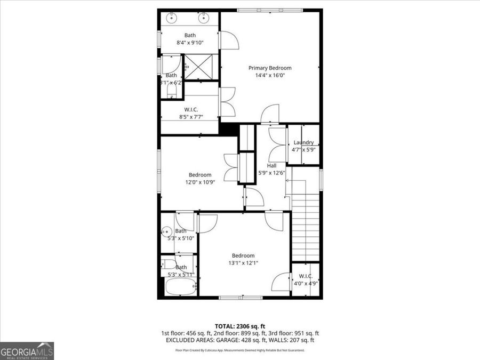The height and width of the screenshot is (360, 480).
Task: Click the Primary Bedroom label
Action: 270,68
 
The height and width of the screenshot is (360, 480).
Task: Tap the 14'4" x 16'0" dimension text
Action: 270,75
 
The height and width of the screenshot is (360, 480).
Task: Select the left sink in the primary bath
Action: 171,18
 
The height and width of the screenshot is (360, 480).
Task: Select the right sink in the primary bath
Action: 204,18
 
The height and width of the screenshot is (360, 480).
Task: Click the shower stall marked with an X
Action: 199,68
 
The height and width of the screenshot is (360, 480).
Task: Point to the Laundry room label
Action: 303,142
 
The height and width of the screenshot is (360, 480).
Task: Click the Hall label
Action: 271,165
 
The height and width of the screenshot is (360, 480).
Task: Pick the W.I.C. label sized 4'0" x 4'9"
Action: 305,276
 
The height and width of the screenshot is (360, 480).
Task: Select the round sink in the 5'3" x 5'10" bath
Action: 166,231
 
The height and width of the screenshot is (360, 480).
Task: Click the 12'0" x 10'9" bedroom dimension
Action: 200,182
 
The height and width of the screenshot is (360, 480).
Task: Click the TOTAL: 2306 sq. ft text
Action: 239,325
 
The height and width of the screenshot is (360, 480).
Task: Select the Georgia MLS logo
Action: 27,351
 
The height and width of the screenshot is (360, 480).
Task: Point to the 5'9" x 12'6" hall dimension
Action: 271,172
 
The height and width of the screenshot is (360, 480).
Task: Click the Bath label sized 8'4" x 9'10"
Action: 190,43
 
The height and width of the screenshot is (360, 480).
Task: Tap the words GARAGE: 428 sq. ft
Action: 252,340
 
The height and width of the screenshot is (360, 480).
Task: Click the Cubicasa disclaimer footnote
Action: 239,350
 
